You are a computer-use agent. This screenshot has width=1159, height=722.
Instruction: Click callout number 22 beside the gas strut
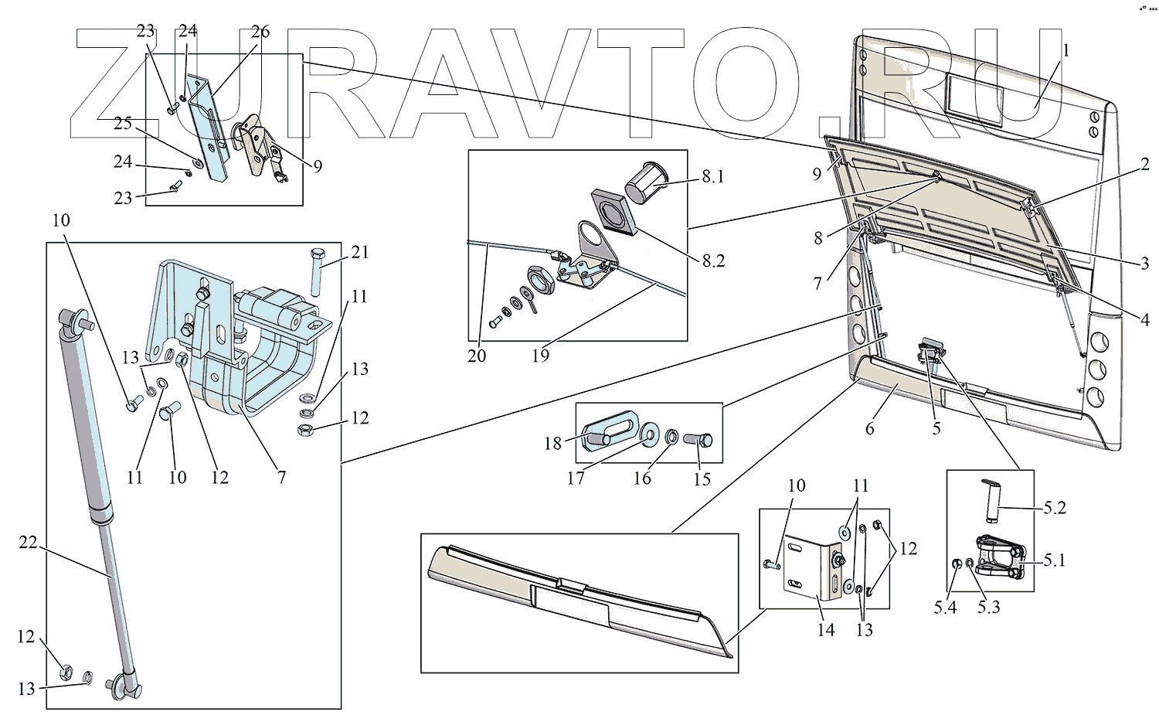pyautogui.click(x=28, y=543)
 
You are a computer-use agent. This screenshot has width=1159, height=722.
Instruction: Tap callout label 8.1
pyautogui.click(x=712, y=177)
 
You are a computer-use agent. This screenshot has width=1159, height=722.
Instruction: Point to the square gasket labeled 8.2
pyautogui.click(x=614, y=211)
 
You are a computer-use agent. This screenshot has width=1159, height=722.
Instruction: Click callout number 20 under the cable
pyautogui.click(x=477, y=356)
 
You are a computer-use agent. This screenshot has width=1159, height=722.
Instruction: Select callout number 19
pyautogui.click(x=540, y=356)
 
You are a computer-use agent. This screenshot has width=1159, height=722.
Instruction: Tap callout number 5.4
pyautogui.click(x=944, y=608)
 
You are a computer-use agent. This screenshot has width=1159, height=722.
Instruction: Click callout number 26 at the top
pyautogui.click(x=260, y=32)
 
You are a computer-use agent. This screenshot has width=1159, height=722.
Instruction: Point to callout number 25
pyautogui.click(x=123, y=124)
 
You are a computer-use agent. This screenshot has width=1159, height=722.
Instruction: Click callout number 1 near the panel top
pyautogui.click(x=1066, y=51)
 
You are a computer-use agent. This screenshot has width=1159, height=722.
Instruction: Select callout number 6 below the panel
pyautogui.click(x=870, y=428)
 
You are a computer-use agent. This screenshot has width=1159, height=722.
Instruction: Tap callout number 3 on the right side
pyautogui.click(x=1144, y=263)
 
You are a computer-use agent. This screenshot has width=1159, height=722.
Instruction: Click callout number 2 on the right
pyautogui.click(x=1145, y=164)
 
